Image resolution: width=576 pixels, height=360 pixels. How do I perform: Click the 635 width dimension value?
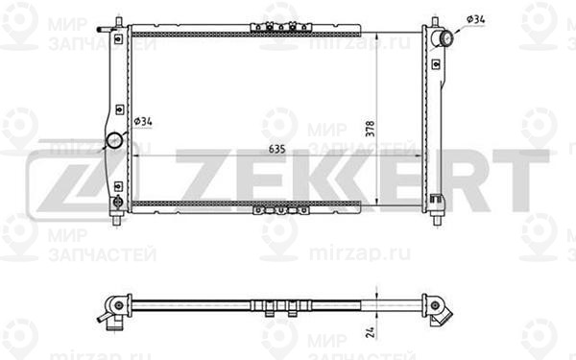pos(277,149)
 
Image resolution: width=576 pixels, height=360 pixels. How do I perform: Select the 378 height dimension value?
pos(371,129)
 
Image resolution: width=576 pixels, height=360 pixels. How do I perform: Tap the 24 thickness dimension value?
pos(371,332)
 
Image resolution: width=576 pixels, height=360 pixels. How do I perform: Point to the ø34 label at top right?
pos(476,19)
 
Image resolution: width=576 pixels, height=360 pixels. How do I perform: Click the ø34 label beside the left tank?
pos(143,121)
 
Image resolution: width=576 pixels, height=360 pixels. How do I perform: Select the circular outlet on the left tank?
pos(114,140)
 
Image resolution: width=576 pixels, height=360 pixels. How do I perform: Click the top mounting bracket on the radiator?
pos(281,27)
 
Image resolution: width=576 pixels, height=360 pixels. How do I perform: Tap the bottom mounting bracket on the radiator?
pos(281,210)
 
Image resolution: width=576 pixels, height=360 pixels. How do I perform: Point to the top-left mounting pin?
pos(118,22)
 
